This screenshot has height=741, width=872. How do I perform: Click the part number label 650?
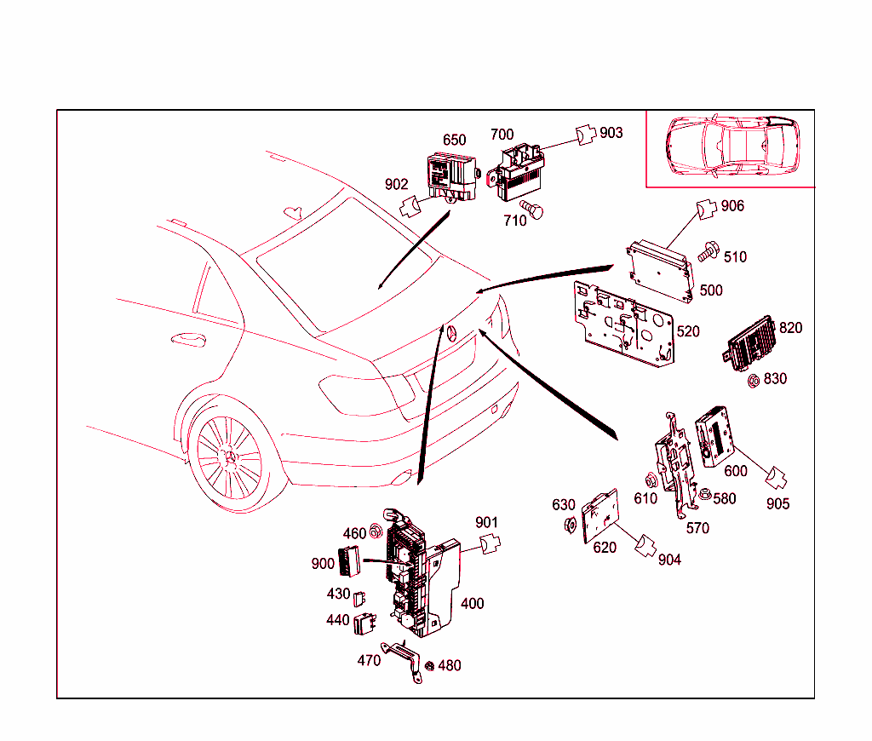click(x=454, y=141)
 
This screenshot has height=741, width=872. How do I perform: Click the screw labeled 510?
click(x=707, y=252)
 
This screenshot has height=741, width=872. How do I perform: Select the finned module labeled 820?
click(x=749, y=345)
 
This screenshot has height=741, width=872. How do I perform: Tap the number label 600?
click(x=735, y=471)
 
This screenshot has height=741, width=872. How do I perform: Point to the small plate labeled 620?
click(x=600, y=515)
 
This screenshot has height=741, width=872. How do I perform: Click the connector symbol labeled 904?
click(x=646, y=545)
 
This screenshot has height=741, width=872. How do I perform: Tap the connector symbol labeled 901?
click(x=490, y=543)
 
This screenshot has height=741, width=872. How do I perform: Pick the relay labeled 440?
click(x=366, y=623)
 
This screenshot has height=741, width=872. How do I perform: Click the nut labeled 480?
click(x=429, y=665)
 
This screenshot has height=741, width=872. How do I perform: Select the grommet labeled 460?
click(x=375, y=534)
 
